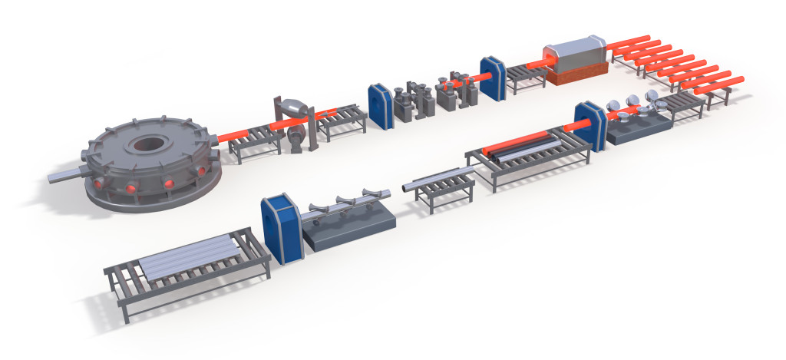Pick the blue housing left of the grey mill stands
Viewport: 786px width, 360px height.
(x=381, y=104)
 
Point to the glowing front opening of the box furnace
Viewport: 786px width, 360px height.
(x=550, y=56)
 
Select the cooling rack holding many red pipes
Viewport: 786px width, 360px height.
(x=668, y=69)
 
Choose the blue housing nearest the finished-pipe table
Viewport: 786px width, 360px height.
(x=279, y=228)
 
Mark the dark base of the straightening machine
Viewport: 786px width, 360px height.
(x=349, y=230)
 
